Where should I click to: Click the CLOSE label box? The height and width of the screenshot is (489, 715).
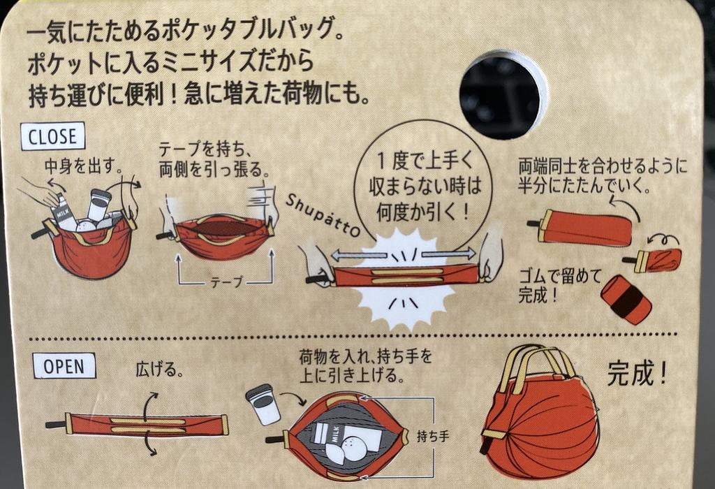point(52,136)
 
